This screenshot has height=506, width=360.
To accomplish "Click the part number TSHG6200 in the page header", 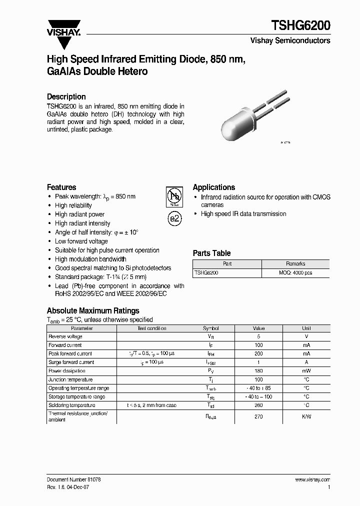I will [x=300, y=26].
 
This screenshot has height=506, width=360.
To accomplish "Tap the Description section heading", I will [x=66, y=96].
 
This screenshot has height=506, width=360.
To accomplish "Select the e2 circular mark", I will [x=174, y=218].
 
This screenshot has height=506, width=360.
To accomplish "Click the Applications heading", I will [x=213, y=187].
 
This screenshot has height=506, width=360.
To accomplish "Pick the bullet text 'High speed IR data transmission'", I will [x=243, y=214].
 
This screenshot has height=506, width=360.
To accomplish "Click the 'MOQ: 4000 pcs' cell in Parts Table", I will [x=295, y=273].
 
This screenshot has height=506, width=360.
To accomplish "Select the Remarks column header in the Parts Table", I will [x=295, y=264].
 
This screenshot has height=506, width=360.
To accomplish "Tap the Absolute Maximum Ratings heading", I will [x=93, y=310].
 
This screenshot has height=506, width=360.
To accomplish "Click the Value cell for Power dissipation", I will [x=258, y=371].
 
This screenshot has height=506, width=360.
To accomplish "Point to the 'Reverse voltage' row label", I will [x=65, y=336].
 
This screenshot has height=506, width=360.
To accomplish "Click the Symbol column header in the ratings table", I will [x=210, y=328].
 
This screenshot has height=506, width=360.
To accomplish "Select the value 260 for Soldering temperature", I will [x=258, y=405].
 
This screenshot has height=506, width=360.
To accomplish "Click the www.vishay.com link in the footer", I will [x=312, y=479].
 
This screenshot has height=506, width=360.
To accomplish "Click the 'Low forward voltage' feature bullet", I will [x=81, y=241].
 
